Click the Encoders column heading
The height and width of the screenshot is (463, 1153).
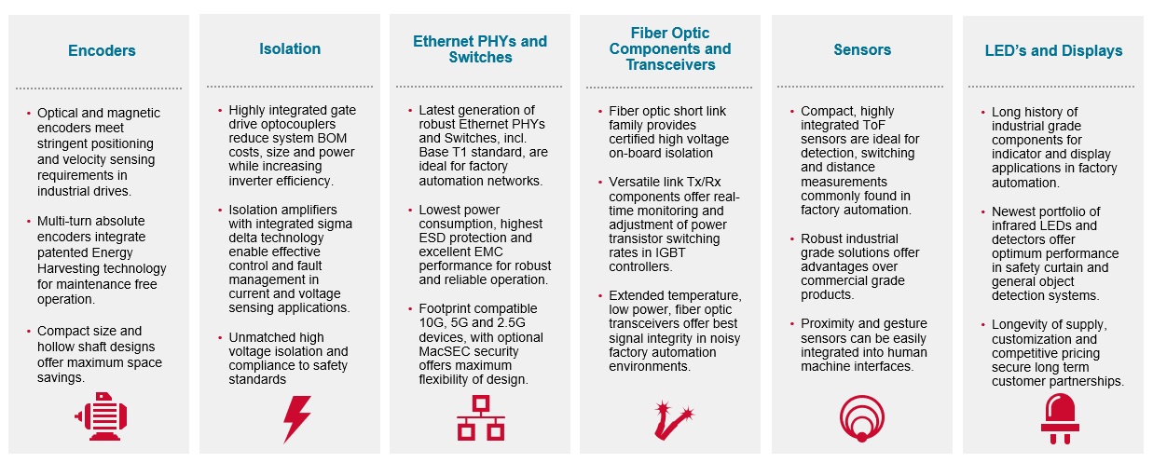click(102, 51)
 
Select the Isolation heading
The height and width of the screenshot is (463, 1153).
click(290, 48)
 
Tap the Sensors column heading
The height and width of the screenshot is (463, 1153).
click(862, 49)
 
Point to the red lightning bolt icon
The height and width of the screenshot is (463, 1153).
click(296, 419)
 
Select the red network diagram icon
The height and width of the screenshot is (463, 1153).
click(480, 417)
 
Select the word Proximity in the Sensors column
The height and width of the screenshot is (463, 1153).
click(830, 324)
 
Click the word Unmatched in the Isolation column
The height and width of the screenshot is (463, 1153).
click(261, 337)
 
